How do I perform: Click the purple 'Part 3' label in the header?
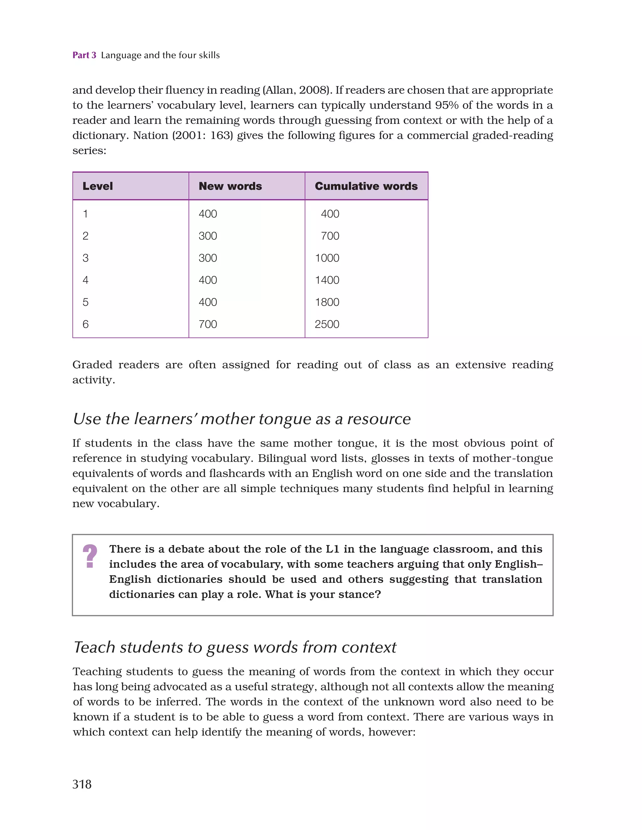84,55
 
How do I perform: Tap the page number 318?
82,784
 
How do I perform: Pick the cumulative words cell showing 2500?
327,324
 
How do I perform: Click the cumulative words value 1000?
327,258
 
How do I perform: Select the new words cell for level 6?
208,324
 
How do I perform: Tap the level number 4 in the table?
86,280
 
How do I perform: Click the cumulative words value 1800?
327,302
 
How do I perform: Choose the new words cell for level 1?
208,214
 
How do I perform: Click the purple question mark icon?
90,556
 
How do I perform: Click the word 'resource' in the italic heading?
379,419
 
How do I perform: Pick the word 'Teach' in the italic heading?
95,647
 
